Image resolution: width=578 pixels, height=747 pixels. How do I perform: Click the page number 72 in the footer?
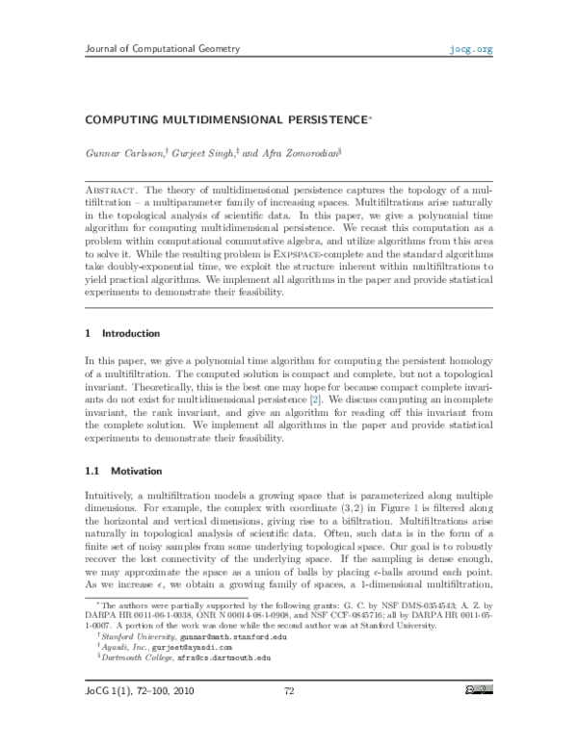(288, 716)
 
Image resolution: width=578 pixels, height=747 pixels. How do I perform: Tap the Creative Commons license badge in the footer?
(479, 715)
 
